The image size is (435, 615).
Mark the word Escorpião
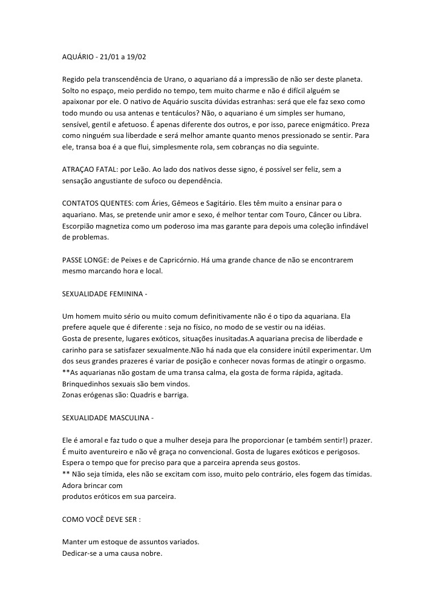pos(82,226)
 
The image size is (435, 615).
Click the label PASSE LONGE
pos(87,259)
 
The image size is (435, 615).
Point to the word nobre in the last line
pos(151,553)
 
